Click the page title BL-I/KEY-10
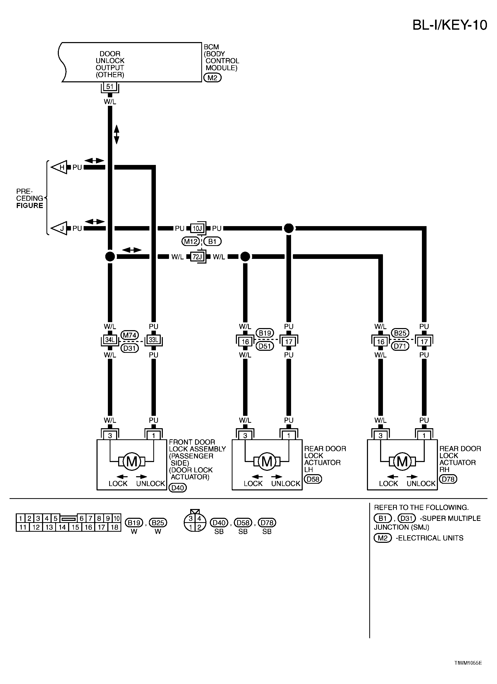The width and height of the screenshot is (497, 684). (x=449, y=25)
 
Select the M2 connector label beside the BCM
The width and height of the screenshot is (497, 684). (x=212, y=78)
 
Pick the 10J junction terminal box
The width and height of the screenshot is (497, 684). (x=197, y=228)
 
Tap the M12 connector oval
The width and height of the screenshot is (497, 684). (x=191, y=242)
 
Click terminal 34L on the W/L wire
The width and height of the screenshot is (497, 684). (x=110, y=340)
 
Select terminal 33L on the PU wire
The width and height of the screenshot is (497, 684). (x=154, y=340)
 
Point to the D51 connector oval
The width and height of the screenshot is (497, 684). (x=264, y=346)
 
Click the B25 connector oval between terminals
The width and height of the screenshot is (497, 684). (x=400, y=333)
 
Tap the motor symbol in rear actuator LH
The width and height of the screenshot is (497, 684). (x=267, y=462)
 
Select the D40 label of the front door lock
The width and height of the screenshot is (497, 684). (x=178, y=488)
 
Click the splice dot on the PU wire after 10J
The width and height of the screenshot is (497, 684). (x=288, y=228)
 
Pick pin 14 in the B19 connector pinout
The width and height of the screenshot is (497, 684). (x=62, y=527)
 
